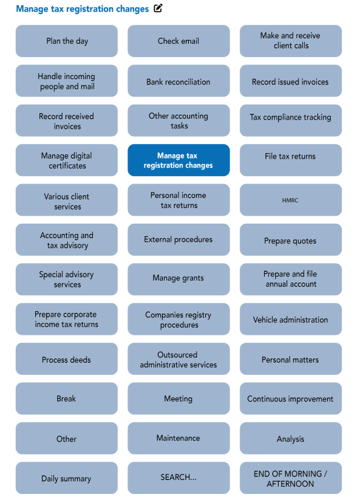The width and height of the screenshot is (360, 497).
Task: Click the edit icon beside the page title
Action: point(158,9)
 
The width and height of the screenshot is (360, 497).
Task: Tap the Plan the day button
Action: point(67,41)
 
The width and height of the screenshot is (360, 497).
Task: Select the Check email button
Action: point(178,41)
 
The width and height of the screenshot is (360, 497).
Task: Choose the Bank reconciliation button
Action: point(178,82)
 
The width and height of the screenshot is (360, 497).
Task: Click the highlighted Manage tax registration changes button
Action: point(178,160)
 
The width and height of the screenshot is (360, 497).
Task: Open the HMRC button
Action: point(290,201)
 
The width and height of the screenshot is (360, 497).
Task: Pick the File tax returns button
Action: point(290,157)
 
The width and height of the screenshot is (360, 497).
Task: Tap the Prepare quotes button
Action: point(290,241)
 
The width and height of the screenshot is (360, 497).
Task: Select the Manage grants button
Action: point(178,278)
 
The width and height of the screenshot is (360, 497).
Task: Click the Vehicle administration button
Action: point(290,320)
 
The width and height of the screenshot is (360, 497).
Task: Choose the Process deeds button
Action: point(67,360)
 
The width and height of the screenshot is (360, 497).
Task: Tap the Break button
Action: point(67,399)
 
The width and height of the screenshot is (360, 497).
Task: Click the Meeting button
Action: point(178,399)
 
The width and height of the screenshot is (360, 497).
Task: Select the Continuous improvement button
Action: point(290,399)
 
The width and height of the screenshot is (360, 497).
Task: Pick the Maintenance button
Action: point(178,438)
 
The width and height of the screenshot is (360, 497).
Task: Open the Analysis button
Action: point(290,439)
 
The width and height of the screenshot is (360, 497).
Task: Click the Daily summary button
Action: point(67,478)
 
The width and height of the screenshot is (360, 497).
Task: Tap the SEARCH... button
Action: point(178,478)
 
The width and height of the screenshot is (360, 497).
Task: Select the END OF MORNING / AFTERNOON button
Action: point(290,478)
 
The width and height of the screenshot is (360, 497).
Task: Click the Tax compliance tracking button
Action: point(290,117)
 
